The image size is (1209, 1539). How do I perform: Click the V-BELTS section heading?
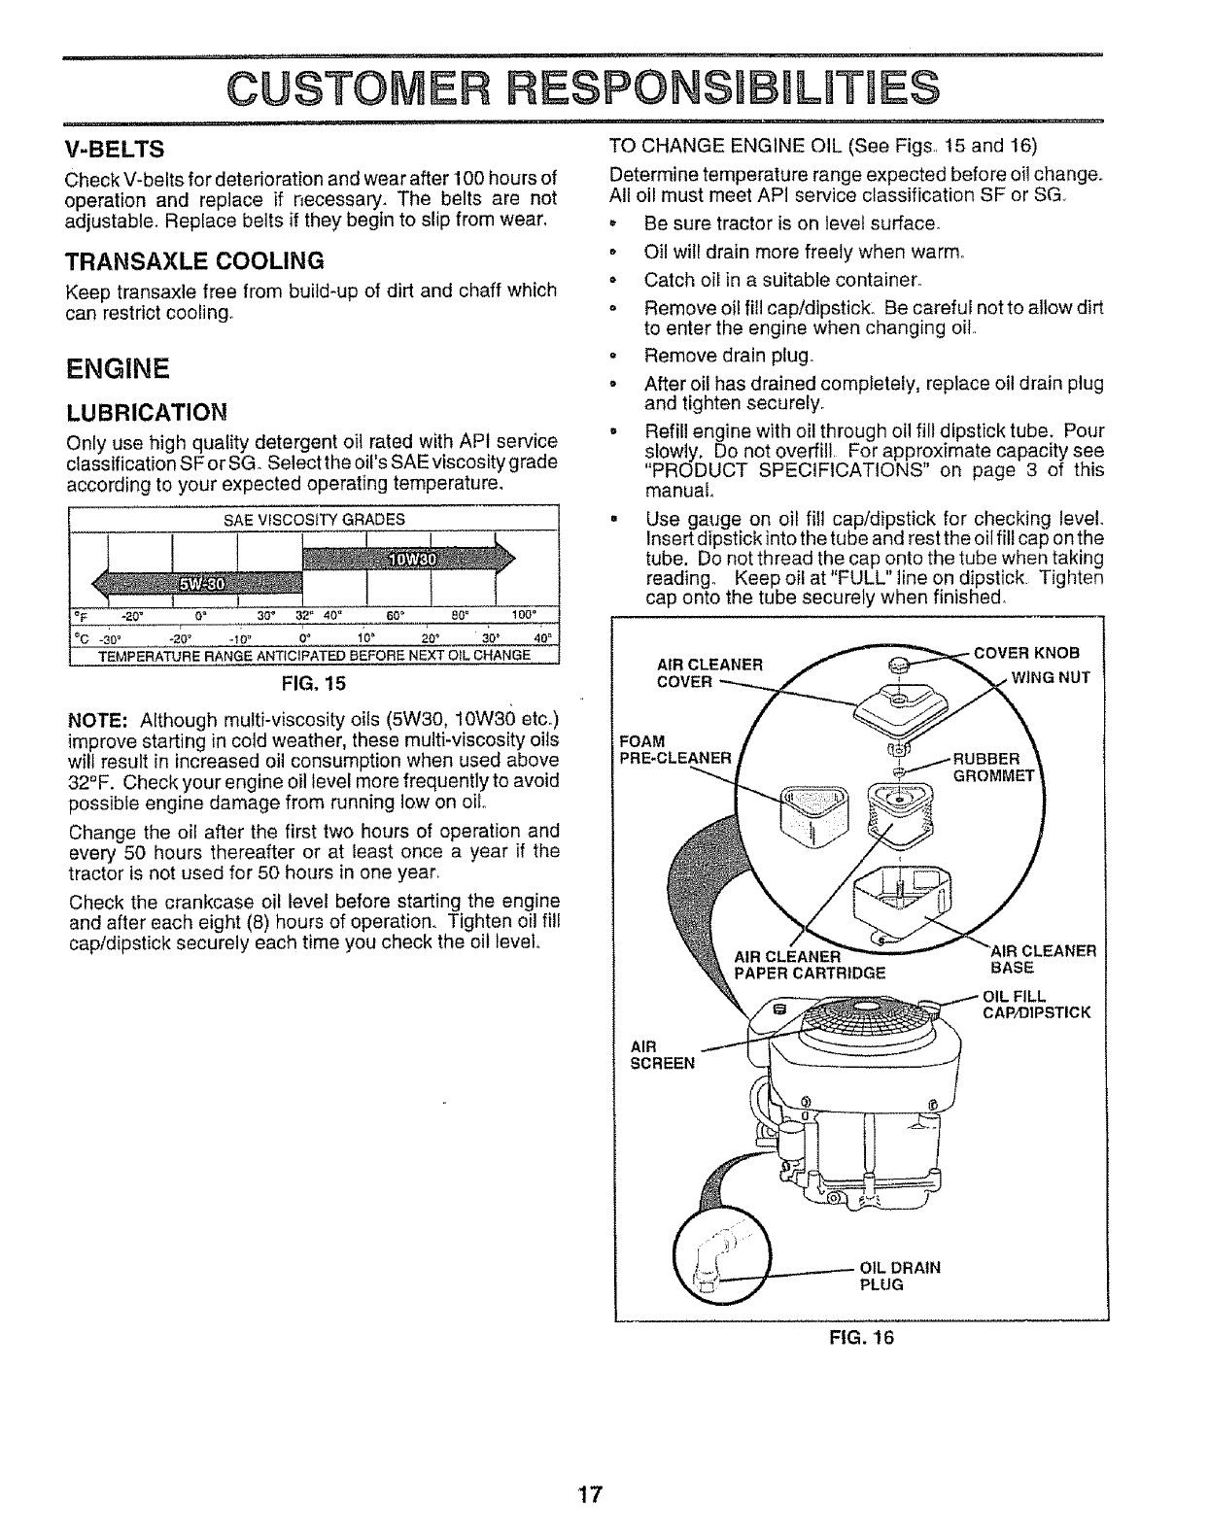coord(114,151)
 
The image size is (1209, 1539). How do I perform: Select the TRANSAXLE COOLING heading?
coord(194,261)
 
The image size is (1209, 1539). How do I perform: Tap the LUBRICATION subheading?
coord(147,411)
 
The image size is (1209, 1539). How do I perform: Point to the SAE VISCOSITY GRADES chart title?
coord(314,520)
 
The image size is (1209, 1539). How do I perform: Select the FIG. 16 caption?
coord(860,1337)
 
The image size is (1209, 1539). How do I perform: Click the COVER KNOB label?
coord(1026,653)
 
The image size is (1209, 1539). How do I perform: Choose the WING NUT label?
coord(1051,677)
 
